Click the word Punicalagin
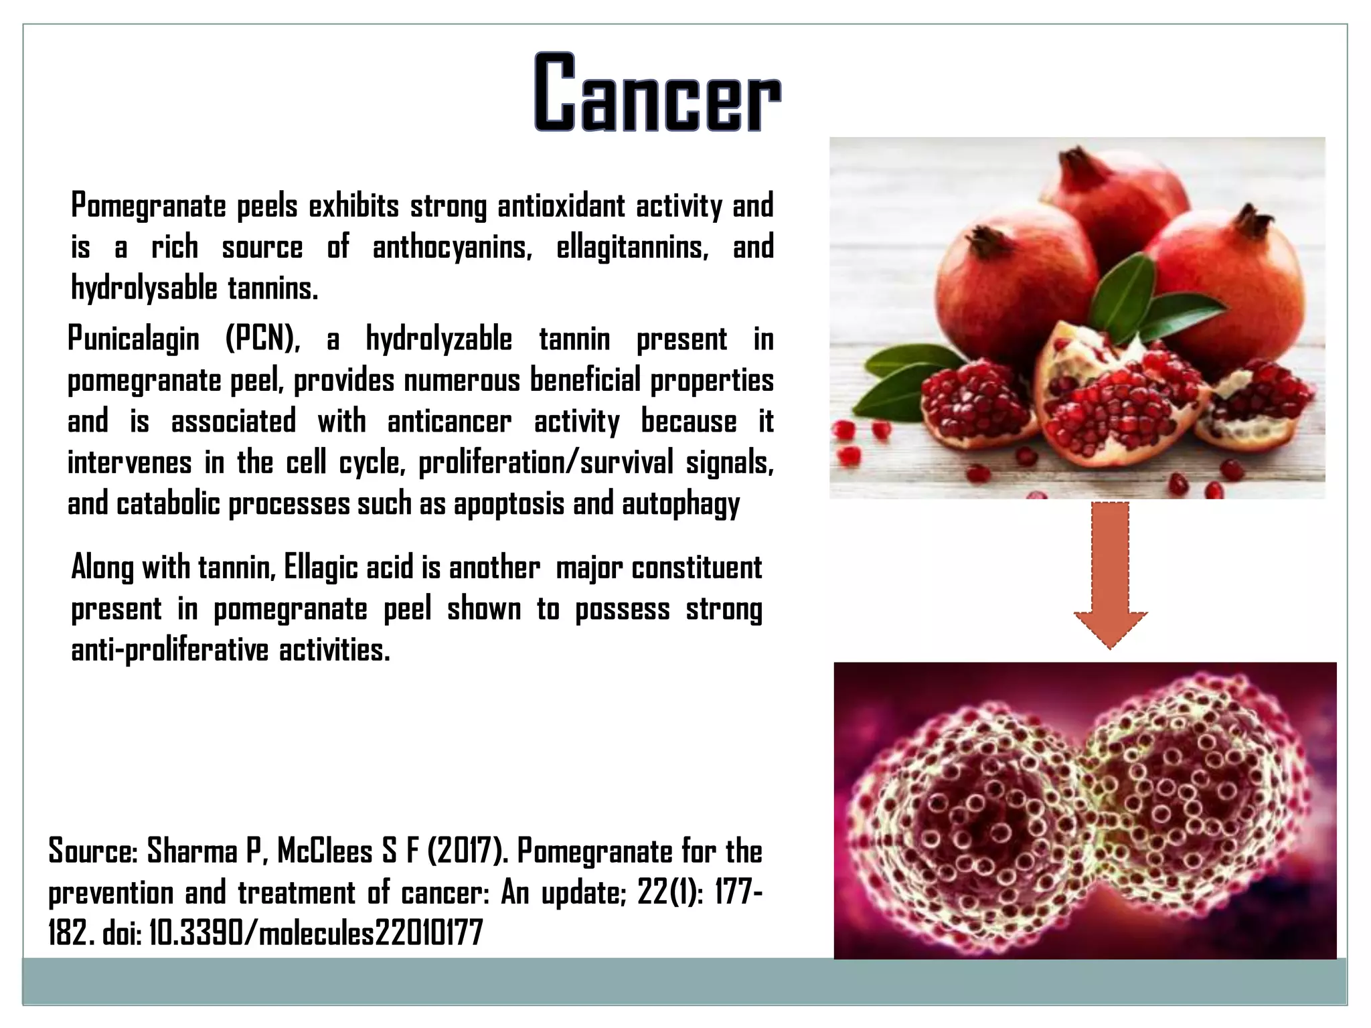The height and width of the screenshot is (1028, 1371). (x=133, y=339)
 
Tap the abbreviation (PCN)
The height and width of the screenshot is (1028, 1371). (x=262, y=339)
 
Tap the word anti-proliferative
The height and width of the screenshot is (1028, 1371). (x=170, y=651)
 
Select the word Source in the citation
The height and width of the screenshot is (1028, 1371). (x=92, y=852)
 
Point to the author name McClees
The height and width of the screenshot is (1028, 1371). (x=325, y=852)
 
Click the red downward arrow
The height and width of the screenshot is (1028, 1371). (x=1110, y=572)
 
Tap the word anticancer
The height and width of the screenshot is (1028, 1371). (x=449, y=422)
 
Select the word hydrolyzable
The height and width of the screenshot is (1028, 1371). (x=438, y=339)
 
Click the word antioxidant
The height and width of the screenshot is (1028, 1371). (x=562, y=206)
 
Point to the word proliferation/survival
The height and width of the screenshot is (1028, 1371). (x=546, y=463)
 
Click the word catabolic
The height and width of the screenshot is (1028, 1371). (x=168, y=504)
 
